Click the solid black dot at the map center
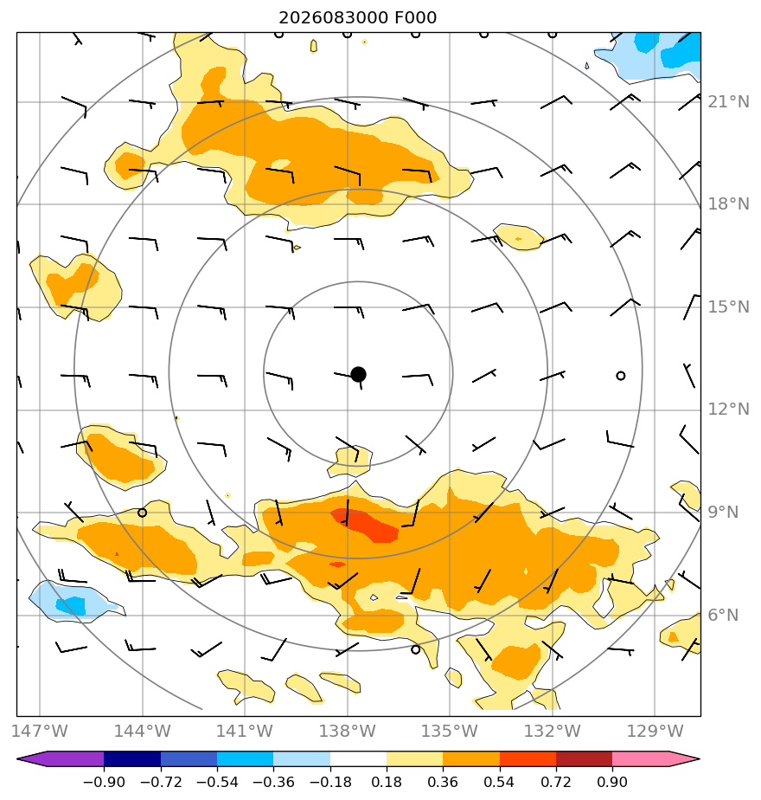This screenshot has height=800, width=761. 358,375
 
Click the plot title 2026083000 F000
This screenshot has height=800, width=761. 357,18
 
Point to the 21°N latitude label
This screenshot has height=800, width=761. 728,102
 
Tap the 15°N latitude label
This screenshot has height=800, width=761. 728,307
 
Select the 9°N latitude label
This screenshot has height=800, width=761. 723,513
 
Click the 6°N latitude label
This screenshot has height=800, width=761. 723,616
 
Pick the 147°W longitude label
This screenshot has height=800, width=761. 39,731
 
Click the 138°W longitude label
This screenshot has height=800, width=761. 347,731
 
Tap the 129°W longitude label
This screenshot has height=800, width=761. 655,731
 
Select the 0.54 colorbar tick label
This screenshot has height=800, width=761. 499,782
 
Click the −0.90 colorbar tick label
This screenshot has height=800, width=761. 104,782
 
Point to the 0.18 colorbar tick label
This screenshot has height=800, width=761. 387,782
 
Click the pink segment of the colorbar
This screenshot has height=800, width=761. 640,758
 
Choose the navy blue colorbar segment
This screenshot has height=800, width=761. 132,758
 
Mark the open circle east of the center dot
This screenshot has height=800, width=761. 620,376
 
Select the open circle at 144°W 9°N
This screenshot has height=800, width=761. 142,513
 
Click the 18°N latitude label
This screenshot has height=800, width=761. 728,204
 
